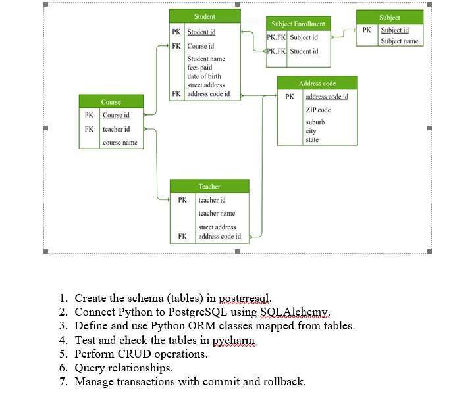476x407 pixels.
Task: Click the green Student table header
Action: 204,16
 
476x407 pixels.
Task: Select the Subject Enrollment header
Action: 298,24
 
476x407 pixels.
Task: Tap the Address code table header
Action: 317,84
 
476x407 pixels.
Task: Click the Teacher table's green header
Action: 209,187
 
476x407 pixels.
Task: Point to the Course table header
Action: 111,102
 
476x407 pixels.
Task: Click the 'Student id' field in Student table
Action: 201,32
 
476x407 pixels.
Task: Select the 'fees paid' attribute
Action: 199,68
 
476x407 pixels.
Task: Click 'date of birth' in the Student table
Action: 204,76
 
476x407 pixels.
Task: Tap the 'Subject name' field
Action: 399,41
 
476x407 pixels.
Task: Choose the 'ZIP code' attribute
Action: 318,110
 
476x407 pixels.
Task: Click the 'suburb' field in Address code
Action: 315,122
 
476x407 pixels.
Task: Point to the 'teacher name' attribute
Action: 217,213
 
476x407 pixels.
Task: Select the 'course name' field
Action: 120,142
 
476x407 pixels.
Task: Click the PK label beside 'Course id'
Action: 89,116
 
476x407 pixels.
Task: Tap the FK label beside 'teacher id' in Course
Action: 89,129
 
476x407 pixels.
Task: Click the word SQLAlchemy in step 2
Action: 299,312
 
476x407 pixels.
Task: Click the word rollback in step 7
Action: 284,381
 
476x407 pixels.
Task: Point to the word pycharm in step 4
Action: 233,340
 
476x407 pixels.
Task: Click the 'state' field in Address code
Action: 312,139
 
